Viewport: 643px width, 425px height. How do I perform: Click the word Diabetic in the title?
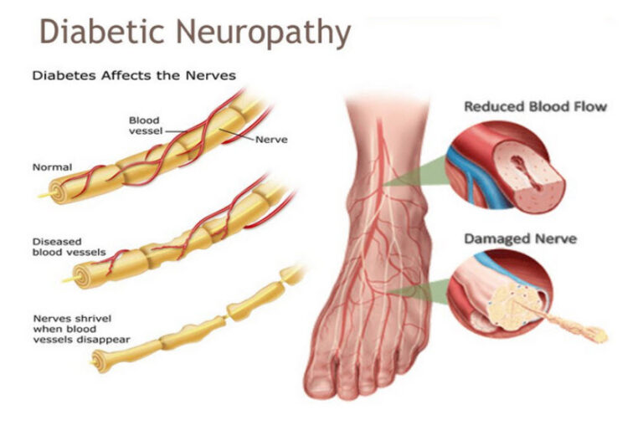[101, 31]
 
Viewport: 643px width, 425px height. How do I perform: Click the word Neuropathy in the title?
[264, 33]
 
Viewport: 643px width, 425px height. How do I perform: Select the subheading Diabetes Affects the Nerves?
[134, 75]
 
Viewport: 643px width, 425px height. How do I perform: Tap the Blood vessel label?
[145, 125]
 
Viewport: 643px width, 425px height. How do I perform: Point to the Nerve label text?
[271, 140]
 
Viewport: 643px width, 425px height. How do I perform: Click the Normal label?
[52, 167]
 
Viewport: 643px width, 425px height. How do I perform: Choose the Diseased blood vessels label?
[69, 247]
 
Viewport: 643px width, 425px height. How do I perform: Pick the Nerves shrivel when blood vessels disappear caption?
[81, 329]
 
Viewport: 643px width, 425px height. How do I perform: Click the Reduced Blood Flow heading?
[535, 106]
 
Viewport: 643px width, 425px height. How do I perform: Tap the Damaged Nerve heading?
[521, 238]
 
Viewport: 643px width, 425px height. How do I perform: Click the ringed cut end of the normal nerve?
[58, 192]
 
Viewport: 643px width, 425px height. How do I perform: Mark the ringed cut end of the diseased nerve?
[82, 277]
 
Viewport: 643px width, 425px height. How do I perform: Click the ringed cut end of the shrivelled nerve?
[100, 361]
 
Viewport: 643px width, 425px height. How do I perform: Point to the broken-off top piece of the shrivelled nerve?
[292, 274]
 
